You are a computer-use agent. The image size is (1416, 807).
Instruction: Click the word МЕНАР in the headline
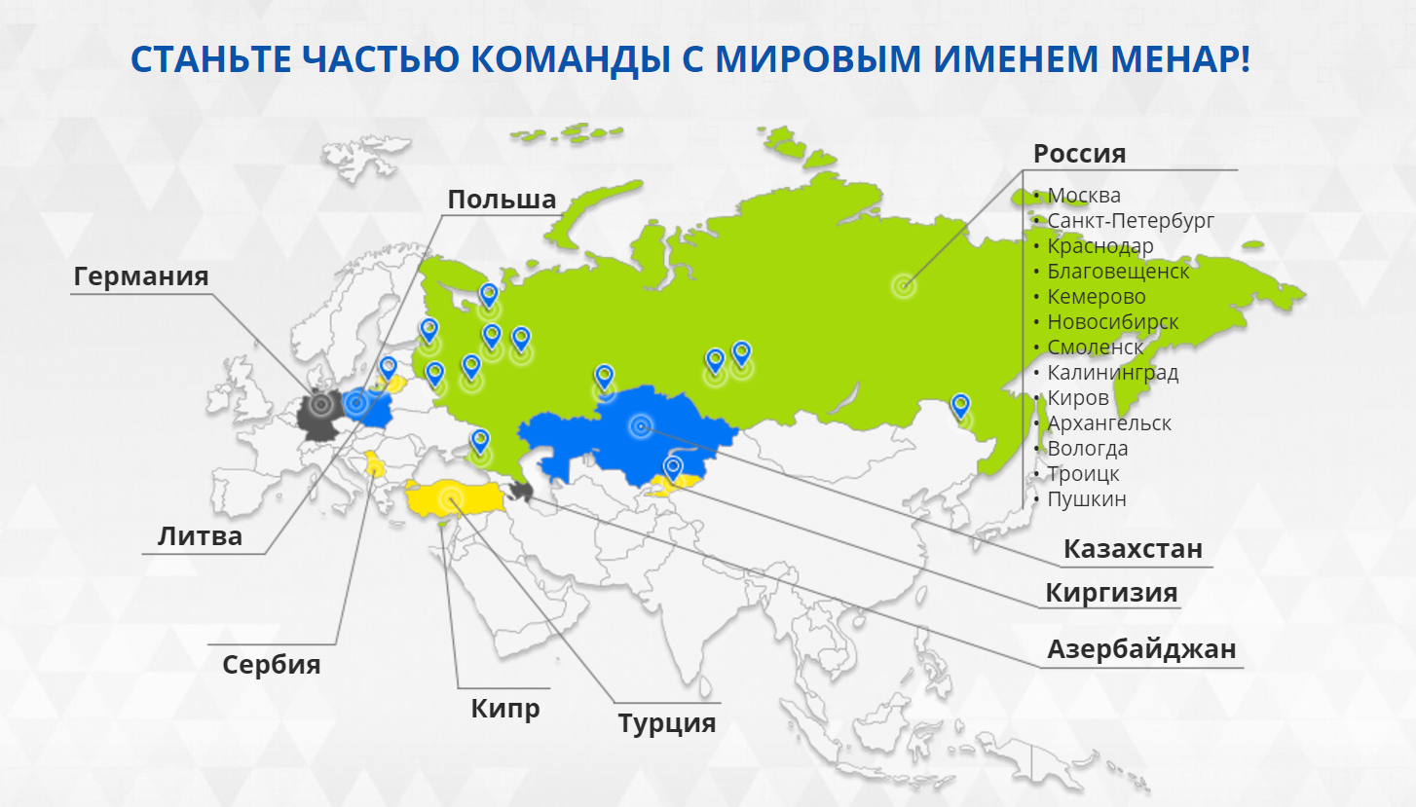[x=1180, y=58]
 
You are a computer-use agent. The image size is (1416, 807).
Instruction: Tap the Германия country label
[x=141, y=276]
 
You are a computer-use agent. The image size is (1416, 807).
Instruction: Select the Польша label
[x=502, y=199]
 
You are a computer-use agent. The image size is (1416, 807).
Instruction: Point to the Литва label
[x=200, y=536]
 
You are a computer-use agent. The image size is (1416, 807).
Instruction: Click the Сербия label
[x=271, y=665]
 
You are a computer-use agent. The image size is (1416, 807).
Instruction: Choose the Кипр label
[x=505, y=709]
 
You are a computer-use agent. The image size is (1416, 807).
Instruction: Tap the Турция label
[x=667, y=723]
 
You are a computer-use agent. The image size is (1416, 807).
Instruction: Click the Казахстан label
[x=1133, y=548]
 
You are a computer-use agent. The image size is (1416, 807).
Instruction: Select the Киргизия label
[x=1111, y=593]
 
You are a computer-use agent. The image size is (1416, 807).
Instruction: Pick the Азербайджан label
[x=1141, y=649]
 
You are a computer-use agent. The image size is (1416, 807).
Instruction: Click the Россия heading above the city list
[x=1080, y=154]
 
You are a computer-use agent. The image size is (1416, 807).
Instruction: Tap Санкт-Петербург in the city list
[x=1131, y=221]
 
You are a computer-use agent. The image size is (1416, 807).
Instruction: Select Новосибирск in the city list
[x=1113, y=321]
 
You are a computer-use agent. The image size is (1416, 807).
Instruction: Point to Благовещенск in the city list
[x=1118, y=271]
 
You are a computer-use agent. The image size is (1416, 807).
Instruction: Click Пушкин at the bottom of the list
[x=1087, y=499]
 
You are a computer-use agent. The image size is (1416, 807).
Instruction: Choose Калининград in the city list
[x=1113, y=373]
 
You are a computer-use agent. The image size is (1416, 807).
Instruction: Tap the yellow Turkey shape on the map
[x=454, y=498]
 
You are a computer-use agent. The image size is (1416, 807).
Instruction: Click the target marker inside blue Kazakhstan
[x=641, y=426]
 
